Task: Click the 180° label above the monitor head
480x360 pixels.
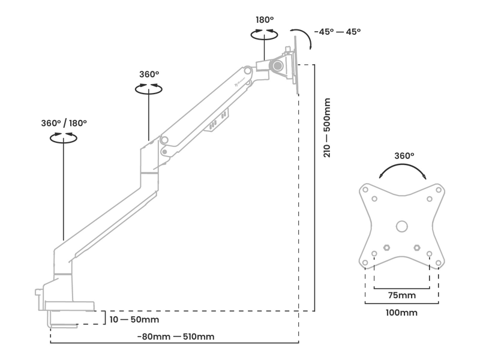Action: (x=265, y=20)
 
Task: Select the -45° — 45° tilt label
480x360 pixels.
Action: (x=337, y=32)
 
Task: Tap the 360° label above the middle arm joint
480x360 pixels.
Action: (x=149, y=74)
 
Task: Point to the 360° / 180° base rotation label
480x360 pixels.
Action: (x=64, y=123)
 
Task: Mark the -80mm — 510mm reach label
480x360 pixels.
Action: (x=176, y=337)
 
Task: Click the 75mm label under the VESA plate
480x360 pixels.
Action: (x=401, y=295)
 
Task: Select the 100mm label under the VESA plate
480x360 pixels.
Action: (x=401, y=313)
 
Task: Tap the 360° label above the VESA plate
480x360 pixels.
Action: (x=404, y=155)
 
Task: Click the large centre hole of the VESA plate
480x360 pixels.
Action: (x=402, y=226)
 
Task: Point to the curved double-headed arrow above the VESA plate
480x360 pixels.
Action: (x=403, y=168)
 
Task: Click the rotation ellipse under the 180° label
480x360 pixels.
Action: (x=264, y=35)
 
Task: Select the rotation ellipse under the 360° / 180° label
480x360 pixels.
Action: (x=64, y=138)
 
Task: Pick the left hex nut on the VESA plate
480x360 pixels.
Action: (x=386, y=247)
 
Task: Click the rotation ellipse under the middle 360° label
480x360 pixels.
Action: (x=149, y=88)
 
